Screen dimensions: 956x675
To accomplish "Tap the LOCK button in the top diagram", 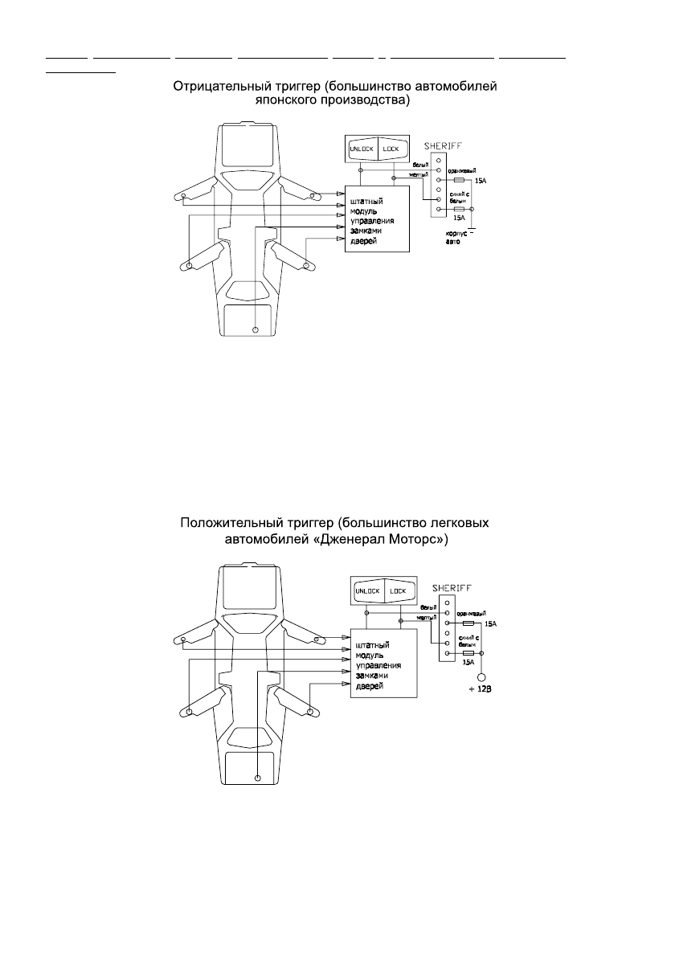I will point(391,149).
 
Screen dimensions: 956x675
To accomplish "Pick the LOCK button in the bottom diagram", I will point(398,591).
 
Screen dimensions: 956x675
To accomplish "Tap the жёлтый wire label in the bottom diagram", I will point(426,617).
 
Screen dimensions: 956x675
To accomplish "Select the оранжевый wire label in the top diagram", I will point(461,170).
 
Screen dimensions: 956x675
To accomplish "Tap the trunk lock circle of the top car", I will point(256,329).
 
